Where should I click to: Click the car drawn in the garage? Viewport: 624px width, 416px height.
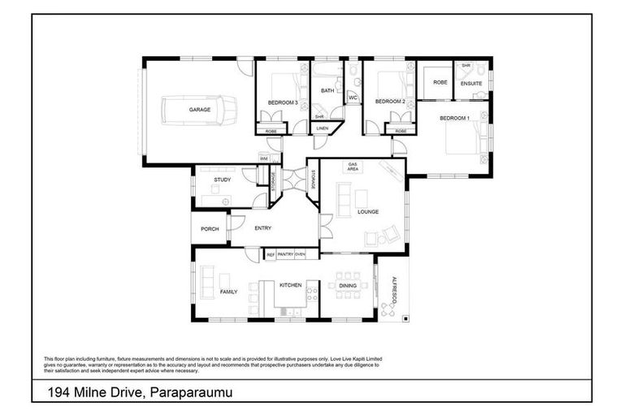click(199, 109)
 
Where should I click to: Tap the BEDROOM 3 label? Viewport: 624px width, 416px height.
click(282, 102)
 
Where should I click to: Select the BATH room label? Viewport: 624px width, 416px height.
click(327, 91)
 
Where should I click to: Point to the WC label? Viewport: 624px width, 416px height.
click(353, 98)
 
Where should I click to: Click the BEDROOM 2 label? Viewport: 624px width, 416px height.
click(389, 102)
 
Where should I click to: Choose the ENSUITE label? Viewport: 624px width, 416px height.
click(471, 83)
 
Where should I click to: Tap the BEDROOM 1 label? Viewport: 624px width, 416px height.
click(454, 119)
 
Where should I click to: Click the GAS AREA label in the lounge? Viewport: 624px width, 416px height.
click(353, 167)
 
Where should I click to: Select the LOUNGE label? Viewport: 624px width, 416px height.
click(368, 212)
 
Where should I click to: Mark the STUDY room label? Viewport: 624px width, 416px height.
click(223, 180)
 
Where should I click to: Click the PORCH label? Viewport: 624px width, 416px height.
click(210, 229)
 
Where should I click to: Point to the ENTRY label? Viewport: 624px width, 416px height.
click(262, 229)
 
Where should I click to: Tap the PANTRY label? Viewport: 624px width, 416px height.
click(285, 255)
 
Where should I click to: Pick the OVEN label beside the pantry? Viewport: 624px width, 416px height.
click(300, 255)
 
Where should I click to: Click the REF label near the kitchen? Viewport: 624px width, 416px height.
click(271, 255)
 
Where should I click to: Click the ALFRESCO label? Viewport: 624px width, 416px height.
click(393, 289)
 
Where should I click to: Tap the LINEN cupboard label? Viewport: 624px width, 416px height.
click(323, 128)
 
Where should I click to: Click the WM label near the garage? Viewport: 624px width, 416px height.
click(264, 158)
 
